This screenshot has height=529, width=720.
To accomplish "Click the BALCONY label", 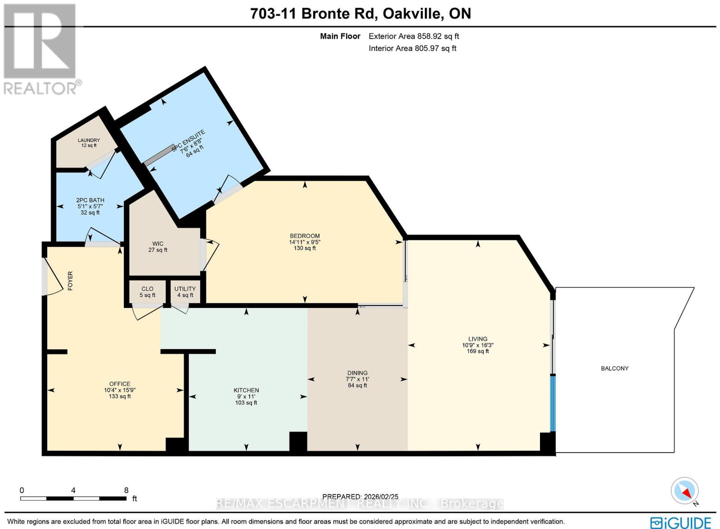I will pyautogui.click(x=614, y=368).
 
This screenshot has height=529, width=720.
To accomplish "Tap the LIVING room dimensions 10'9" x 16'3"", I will pyautogui.click(x=477, y=345).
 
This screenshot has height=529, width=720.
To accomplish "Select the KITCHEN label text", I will pyautogui.click(x=246, y=390).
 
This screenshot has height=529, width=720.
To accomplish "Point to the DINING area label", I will pyautogui.click(x=357, y=373).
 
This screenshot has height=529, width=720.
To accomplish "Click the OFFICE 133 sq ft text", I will pyautogui.click(x=120, y=396).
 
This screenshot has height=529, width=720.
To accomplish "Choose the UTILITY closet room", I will pyautogui.click(x=185, y=292).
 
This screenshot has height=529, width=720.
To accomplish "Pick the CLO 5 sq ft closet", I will pyautogui.click(x=147, y=292).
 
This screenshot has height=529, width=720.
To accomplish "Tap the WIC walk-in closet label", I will pyautogui.click(x=157, y=244).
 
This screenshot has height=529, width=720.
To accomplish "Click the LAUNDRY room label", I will pyautogui.click(x=89, y=140).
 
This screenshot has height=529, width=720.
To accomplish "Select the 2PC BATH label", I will pyautogui.click(x=90, y=200).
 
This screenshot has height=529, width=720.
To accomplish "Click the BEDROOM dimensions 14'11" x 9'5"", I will pyautogui.click(x=305, y=242).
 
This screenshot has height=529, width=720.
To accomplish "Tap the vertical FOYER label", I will pyautogui.click(x=70, y=280).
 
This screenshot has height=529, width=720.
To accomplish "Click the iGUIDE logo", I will pyautogui.click(x=680, y=523).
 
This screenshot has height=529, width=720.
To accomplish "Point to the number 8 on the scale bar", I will pyautogui.click(x=126, y=490).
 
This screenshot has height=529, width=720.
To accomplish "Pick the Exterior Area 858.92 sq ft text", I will pyautogui.click(x=414, y=36).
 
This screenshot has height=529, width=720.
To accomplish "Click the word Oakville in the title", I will pyautogui.click(x=412, y=13).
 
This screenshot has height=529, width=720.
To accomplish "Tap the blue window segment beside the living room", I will pyautogui.click(x=553, y=403).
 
